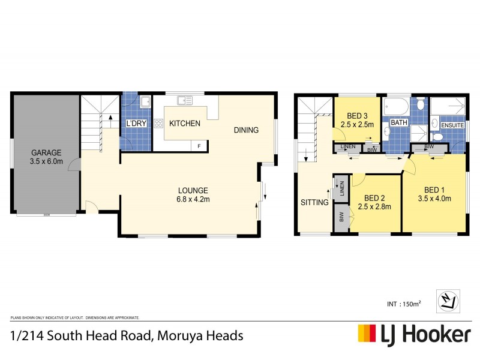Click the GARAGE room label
[47, 153]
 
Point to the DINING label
[246, 130]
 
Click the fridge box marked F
[199, 146]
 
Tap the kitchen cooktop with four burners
[158, 124]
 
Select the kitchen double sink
[184, 101]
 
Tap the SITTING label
[314, 202]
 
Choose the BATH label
[399, 123]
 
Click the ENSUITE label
[452, 125]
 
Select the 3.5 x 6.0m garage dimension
[47, 162]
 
